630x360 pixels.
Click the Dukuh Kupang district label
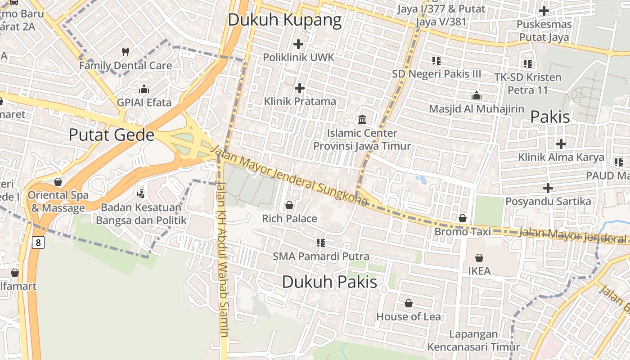tap(284, 20)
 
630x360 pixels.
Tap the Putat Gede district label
tap(112, 135)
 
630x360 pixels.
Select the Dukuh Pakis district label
tap(329, 282)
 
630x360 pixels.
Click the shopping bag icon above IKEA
tap(479, 258)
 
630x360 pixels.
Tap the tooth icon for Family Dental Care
tap(126, 52)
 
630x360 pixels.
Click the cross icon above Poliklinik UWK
tap(298, 44)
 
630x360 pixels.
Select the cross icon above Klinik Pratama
tap(300, 88)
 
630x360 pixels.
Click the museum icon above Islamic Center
tap(362, 119)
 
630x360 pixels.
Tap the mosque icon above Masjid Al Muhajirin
tap(477, 95)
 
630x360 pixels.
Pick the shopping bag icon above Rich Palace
tap(289, 205)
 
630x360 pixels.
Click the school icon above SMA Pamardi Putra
tap(321, 243)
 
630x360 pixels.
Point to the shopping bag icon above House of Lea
tap(409, 303)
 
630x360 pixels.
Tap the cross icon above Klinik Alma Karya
tap(561, 144)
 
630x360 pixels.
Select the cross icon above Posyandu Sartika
tap(548, 188)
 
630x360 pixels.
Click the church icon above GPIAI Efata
tap(144, 89)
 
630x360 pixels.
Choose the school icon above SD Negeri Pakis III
tap(436, 60)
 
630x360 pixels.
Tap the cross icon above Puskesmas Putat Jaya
tap(544, 10)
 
